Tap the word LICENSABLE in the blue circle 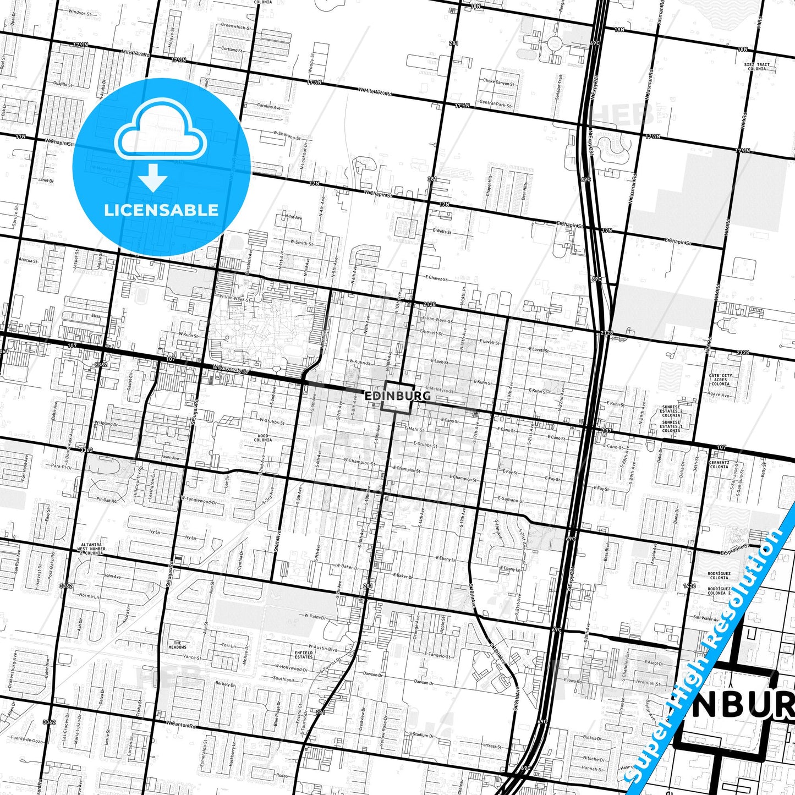161,210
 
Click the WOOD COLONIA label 263,437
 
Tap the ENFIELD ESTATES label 304,655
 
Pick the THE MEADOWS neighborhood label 177,645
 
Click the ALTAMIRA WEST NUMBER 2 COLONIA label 91,549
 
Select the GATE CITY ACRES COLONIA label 720,380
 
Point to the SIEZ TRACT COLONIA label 757,67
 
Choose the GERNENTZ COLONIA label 719,465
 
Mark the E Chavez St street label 436,278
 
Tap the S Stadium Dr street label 421,734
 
